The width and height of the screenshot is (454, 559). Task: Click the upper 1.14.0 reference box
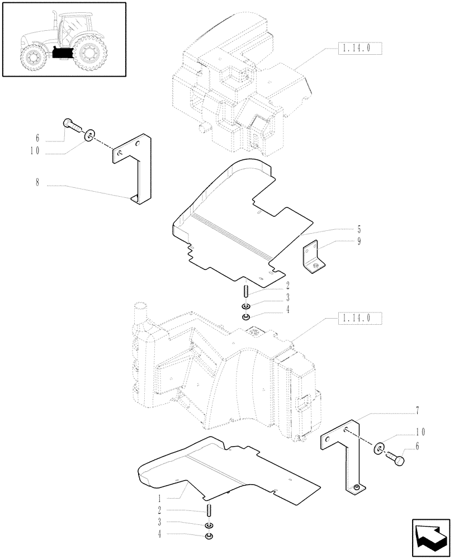point(360,50)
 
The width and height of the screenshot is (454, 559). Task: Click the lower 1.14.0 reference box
point(360,319)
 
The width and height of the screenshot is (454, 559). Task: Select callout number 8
point(37,183)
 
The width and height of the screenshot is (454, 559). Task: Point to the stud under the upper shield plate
point(245,291)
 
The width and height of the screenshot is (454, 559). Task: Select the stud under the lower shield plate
point(209,510)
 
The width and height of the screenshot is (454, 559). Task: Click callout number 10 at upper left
point(37,149)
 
